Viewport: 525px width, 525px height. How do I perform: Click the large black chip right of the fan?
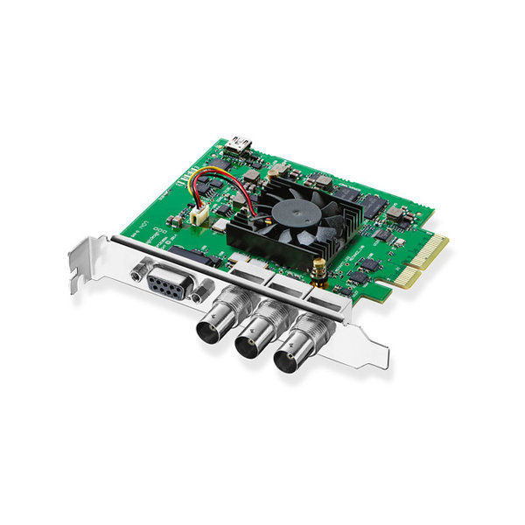coord(368,206)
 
